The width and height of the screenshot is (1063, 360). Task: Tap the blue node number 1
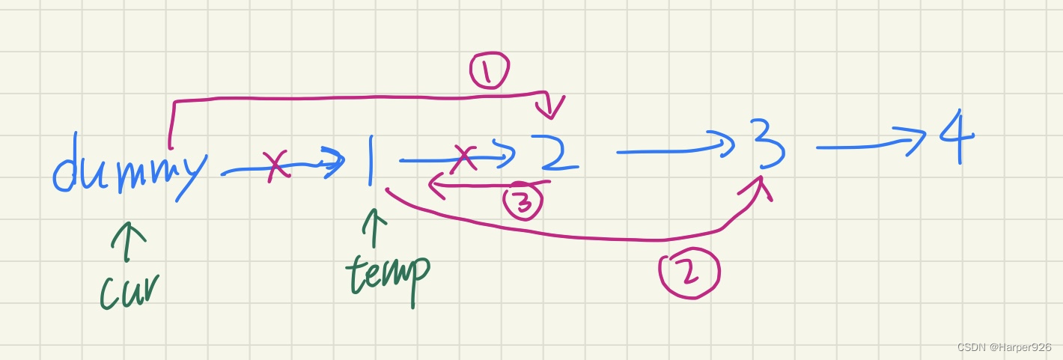[370, 160]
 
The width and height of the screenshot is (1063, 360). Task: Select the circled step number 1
[489, 71]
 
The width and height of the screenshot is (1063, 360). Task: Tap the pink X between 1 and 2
[466, 157]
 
